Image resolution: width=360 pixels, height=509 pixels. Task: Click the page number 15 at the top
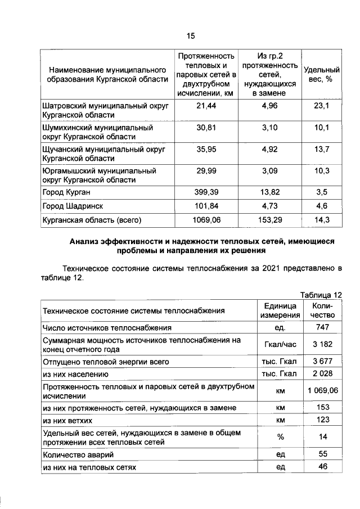(x=191, y=36)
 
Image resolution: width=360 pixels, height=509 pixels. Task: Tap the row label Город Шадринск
(x=73, y=206)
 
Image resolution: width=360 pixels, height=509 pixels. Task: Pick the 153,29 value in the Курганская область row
(x=267, y=220)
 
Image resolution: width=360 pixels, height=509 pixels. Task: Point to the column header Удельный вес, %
(x=322, y=75)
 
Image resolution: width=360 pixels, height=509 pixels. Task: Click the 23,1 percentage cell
(x=322, y=106)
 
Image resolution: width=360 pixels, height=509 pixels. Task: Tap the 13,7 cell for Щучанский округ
(x=322, y=150)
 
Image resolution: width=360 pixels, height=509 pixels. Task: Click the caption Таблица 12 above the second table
(x=321, y=295)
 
